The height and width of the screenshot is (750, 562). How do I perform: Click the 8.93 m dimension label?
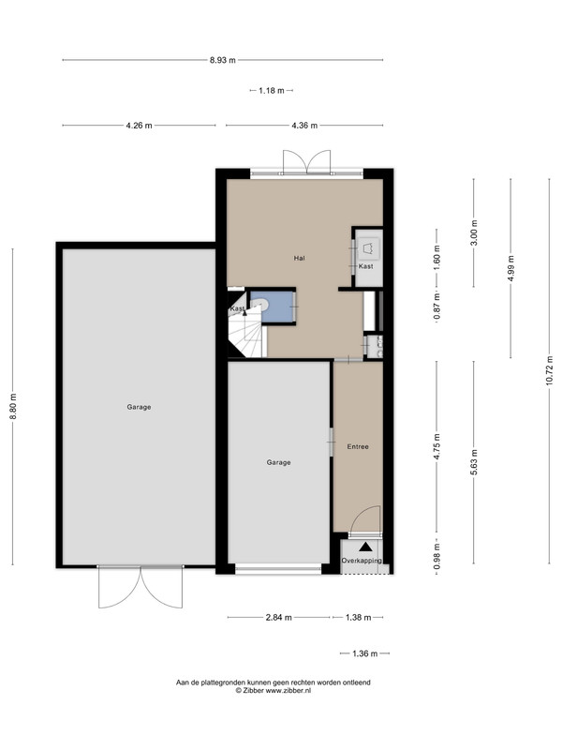(x=223, y=60)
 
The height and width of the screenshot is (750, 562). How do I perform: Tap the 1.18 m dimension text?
(x=272, y=90)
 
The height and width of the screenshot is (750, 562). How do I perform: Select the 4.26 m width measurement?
(x=139, y=126)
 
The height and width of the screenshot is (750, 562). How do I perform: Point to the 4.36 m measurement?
(x=304, y=126)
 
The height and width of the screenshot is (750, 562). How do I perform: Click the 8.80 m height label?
(x=13, y=407)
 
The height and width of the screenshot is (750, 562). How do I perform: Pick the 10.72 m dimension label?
(x=550, y=371)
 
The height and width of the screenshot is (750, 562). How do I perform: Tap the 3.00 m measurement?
(x=474, y=232)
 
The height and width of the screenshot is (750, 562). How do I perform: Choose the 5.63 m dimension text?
(x=474, y=463)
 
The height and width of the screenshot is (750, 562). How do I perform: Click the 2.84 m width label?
(x=278, y=618)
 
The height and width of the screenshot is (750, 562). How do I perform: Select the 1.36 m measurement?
(x=364, y=653)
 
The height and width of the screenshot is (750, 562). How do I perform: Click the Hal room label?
(x=299, y=259)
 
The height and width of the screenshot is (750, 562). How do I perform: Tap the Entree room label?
(x=358, y=447)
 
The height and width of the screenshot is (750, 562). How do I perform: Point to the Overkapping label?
(x=362, y=561)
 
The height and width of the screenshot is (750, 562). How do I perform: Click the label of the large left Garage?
(x=139, y=407)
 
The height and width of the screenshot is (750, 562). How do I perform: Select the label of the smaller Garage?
(x=278, y=462)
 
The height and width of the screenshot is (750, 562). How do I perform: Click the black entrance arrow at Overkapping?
(x=365, y=547)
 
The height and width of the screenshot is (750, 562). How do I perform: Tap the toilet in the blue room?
(x=259, y=304)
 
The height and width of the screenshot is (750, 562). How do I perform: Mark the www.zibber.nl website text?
(x=288, y=690)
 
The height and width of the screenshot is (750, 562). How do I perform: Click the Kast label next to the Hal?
(x=366, y=266)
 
